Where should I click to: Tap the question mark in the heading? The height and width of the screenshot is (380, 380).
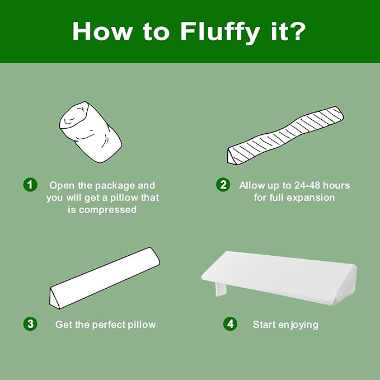(298, 30)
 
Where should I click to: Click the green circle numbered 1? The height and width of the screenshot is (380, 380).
(30, 185)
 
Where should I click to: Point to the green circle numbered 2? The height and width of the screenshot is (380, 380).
(223, 185)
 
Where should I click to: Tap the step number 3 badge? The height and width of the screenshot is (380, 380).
(30, 324)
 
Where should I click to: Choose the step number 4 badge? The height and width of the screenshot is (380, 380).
(230, 324)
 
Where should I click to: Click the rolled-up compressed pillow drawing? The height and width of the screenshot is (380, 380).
(91, 132)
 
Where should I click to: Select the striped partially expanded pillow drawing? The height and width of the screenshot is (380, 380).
(285, 135)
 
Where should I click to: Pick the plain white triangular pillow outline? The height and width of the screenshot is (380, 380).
(105, 278)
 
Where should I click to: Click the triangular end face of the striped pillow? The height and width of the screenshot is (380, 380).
(232, 157)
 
